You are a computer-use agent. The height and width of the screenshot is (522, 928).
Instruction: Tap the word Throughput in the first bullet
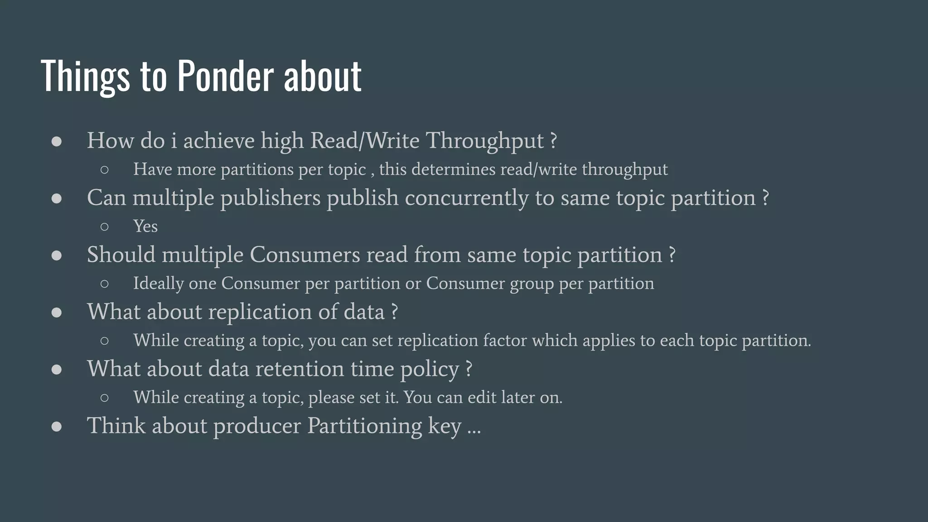tap(484, 141)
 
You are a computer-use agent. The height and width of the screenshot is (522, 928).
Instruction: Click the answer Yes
tap(145, 226)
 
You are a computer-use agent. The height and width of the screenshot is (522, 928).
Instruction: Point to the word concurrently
tap(466, 198)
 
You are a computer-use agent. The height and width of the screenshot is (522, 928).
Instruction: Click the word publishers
tap(270, 198)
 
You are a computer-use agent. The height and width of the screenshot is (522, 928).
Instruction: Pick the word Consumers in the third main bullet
tap(304, 255)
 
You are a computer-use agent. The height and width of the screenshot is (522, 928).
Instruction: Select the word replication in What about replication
tap(260, 312)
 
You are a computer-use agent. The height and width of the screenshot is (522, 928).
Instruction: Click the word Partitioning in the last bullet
tap(364, 426)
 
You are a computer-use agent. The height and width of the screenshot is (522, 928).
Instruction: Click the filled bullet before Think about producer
tap(57, 426)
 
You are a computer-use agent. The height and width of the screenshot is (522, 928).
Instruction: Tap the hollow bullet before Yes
tap(104, 227)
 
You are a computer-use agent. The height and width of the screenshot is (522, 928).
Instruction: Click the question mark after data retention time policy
tap(469, 369)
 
